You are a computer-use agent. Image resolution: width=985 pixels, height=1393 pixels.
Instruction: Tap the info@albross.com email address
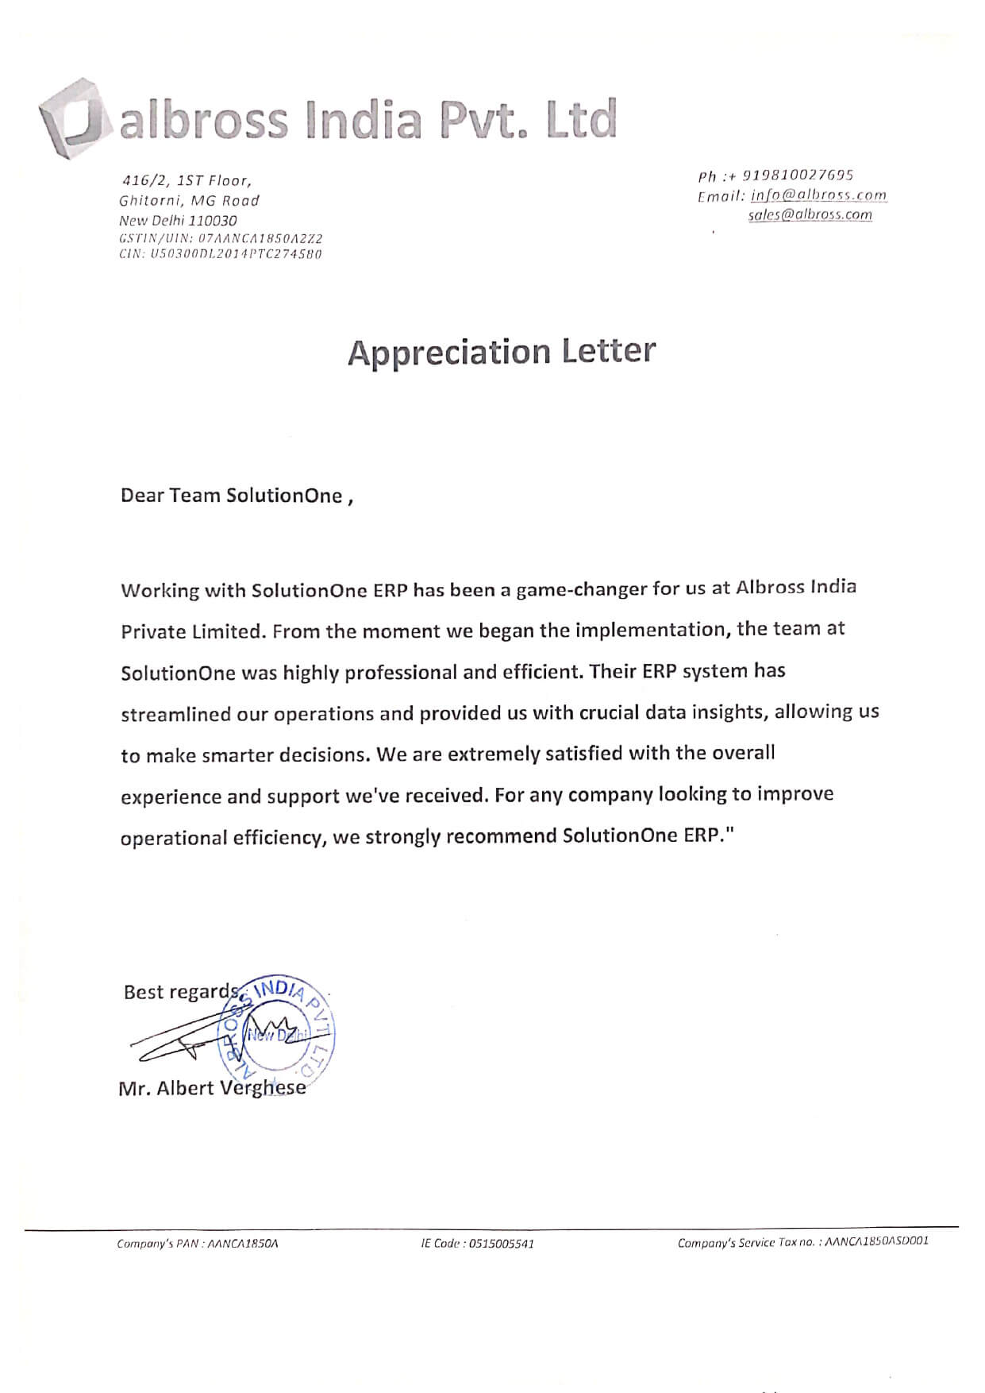point(818,195)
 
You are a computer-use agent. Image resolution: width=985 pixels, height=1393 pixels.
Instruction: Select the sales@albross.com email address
point(810,214)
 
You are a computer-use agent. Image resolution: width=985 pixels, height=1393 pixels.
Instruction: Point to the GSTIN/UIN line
point(221,238)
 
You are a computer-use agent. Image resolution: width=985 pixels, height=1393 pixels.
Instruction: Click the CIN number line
point(220,254)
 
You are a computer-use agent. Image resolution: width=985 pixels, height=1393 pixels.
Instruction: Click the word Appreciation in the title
point(449,353)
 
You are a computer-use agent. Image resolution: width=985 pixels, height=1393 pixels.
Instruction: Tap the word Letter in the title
point(609,351)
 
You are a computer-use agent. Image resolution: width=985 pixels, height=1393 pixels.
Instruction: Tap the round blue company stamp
point(278,1029)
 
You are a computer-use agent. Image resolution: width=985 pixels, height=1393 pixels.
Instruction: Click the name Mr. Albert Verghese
point(212,1088)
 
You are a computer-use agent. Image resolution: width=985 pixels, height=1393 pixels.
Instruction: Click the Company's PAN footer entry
point(198,1243)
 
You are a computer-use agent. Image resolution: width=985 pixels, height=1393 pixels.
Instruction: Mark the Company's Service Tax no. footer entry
point(802,1241)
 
